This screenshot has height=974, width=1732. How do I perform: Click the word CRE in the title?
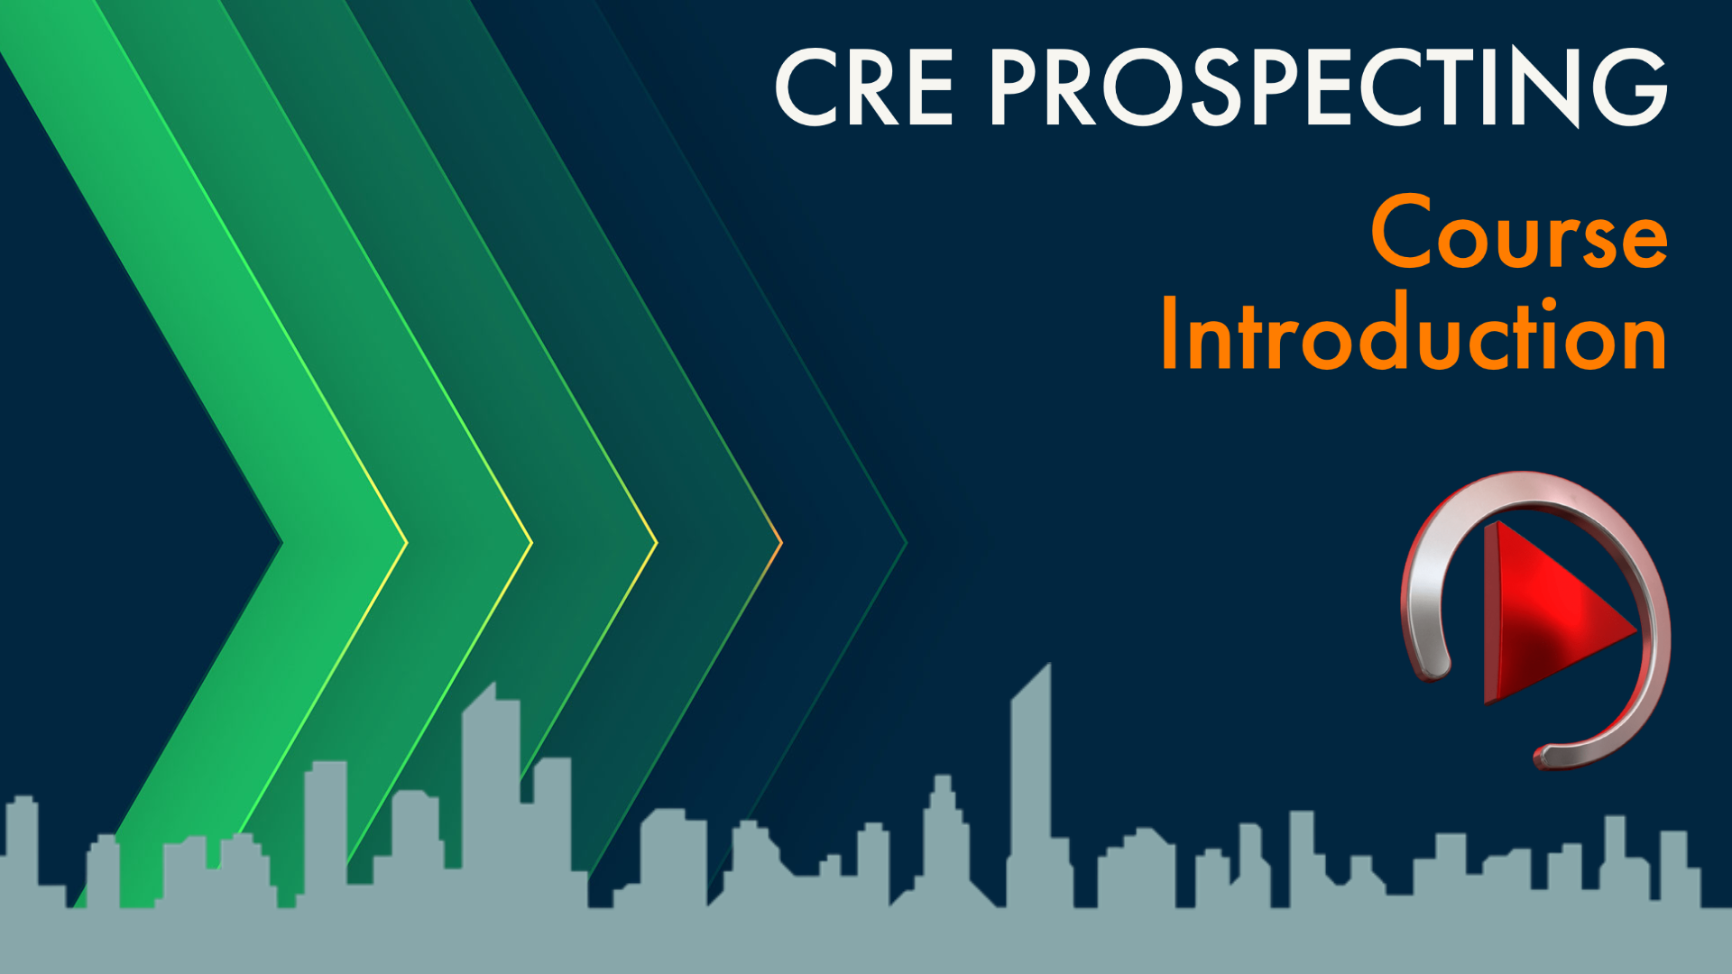tap(864, 87)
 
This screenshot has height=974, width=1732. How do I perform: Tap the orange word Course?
tap(1519, 233)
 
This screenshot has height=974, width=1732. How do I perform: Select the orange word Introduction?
tap(1413, 334)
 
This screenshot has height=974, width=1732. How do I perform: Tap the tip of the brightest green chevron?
tap(404, 543)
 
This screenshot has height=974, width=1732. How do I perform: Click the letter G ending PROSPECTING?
tap(1628, 87)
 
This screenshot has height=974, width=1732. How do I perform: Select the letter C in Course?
tap(1404, 233)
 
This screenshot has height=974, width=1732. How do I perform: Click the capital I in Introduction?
tap(1170, 334)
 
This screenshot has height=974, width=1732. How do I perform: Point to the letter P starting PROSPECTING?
tap(1020, 87)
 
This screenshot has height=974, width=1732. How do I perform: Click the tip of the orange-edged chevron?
tap(779, 543)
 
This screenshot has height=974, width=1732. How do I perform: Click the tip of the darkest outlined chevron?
tap(905, 543)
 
